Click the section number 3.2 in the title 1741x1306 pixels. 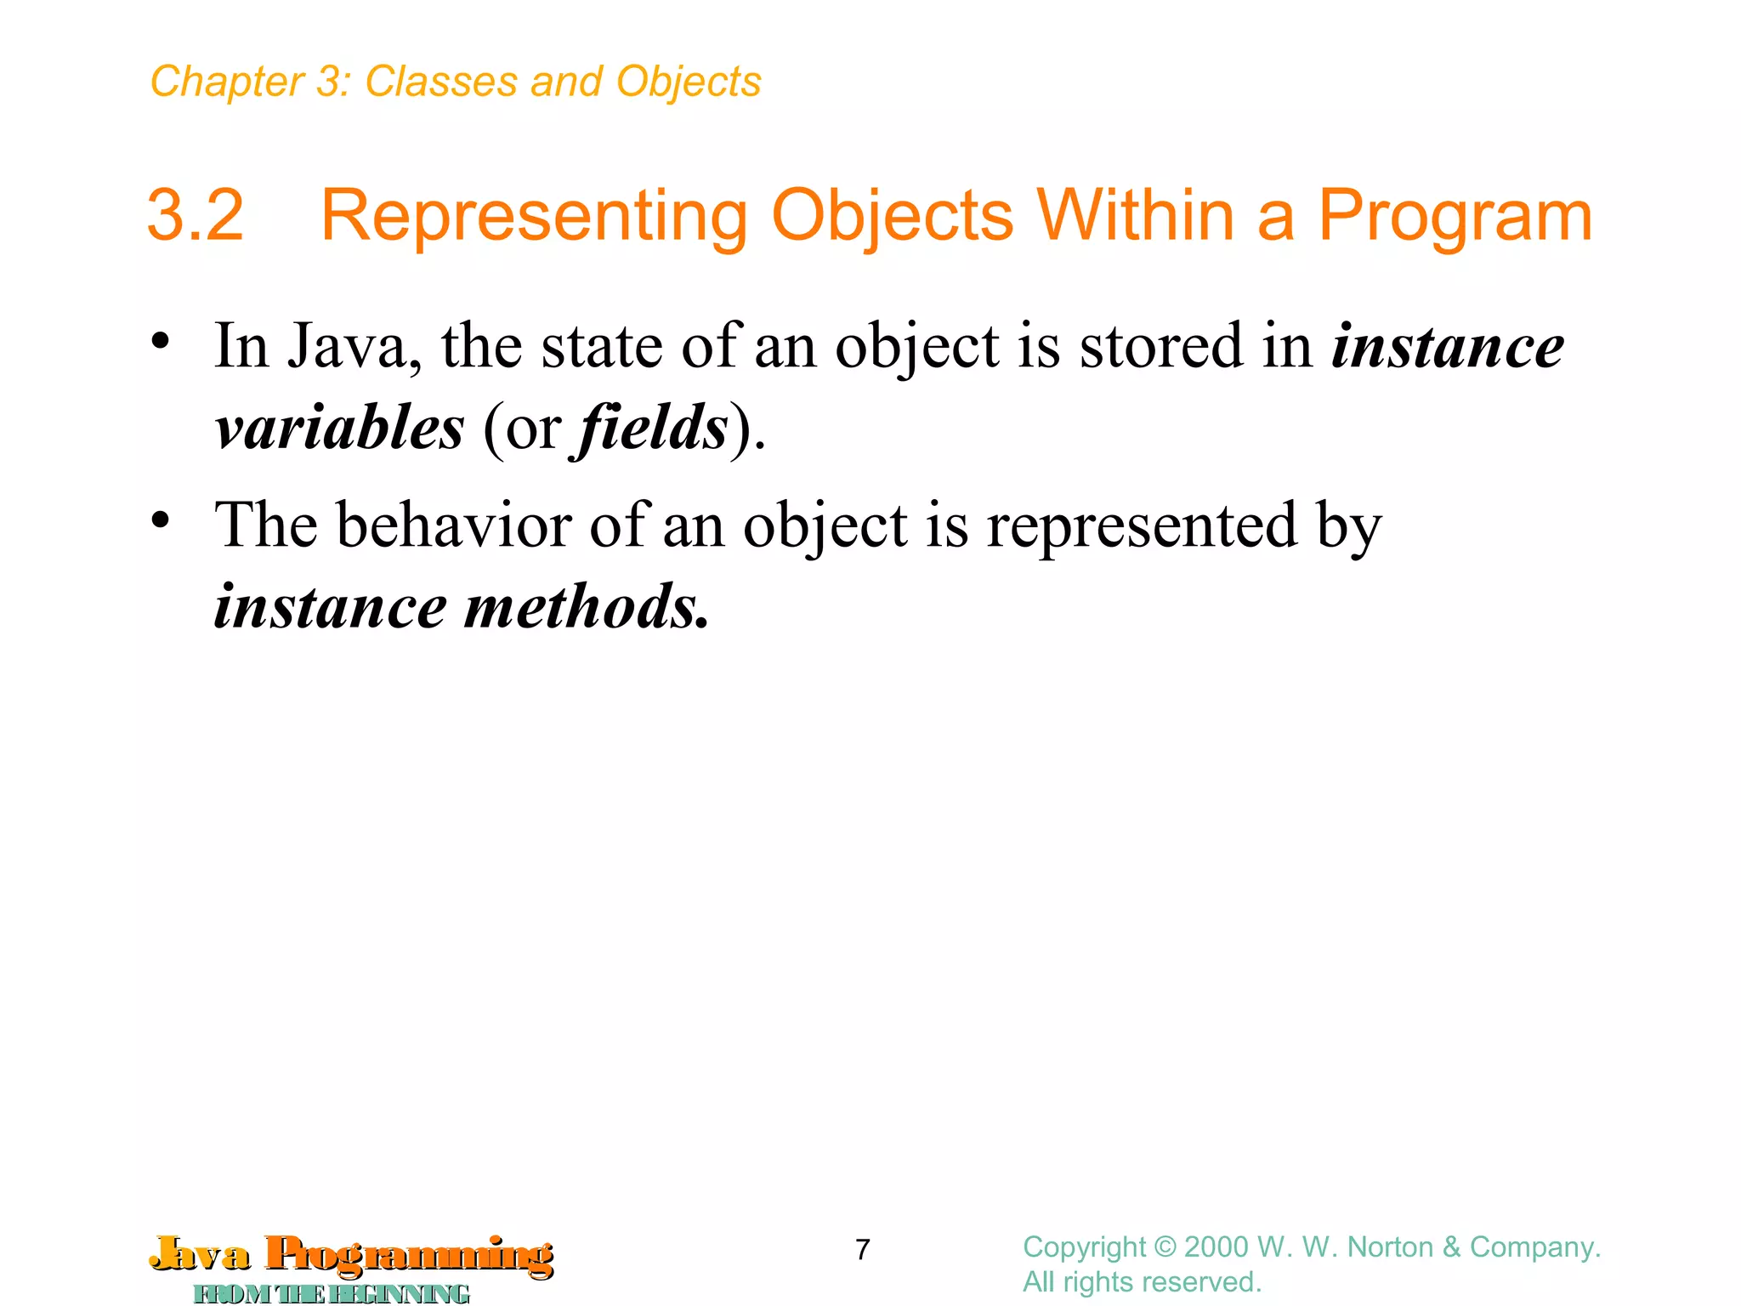pyautogui.click(x=196, y=216)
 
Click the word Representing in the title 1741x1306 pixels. pyautogui.click(x=533, y=216)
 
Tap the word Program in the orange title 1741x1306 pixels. pyautogui.click(x=1455, y=216)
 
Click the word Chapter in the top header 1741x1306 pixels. pyautogui.click(x=226, y=82)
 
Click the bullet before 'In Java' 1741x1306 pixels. pyautogui.click(x=161, y=343)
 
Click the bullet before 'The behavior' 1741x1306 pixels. pyautogui.click(x=161, y=520)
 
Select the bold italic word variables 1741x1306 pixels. pyautogui.click(x=339, y=428)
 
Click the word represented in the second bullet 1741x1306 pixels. pyautogui.click(x=1142, y=525)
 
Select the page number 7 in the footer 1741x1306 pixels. pyautogui.click(x=862, y=1249)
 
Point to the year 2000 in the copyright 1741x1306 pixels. pyautogui.click(x=1216, y=1247)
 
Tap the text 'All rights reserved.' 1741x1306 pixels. pyautogui.click(x=1141, y=1281)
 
